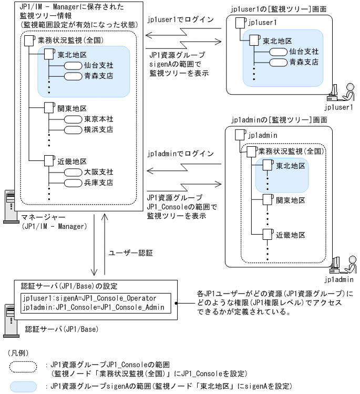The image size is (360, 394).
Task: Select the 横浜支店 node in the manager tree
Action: (98, 129)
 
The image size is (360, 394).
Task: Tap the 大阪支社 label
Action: (98, 172)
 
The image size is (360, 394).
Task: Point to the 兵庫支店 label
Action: (98, 183)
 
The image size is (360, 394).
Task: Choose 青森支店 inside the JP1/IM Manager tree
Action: (98, 76)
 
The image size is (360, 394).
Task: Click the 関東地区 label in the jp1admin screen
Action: (291, 200)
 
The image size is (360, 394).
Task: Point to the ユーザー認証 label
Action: (130, 253)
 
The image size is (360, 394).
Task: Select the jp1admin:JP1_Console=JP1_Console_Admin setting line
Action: (94, 307)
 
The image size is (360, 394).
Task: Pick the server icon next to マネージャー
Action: (9, 205)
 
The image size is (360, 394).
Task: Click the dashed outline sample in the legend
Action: (23, 365)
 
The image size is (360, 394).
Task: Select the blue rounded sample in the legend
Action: (23, 386)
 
